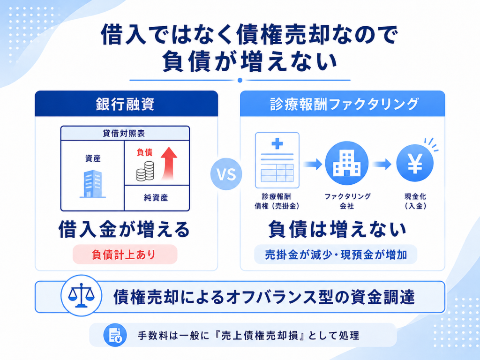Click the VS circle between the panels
click(226, 174)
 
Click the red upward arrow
click(169, 163)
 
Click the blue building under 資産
click(93, 184)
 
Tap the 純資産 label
click(156, 198)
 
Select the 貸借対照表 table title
click(124, 133)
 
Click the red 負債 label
click(144, 152)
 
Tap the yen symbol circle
click(415, 163)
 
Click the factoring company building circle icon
click(346, 163)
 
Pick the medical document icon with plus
click(277, 160)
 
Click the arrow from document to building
click(313, 164)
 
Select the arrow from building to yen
click(382, 164)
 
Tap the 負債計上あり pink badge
click(125, 255)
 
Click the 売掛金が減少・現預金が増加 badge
click(336, 255)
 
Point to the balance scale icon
click(81, 295)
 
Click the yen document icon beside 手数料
click(115, 335)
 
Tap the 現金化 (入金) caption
click(415, 201)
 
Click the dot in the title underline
click(240, 80)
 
